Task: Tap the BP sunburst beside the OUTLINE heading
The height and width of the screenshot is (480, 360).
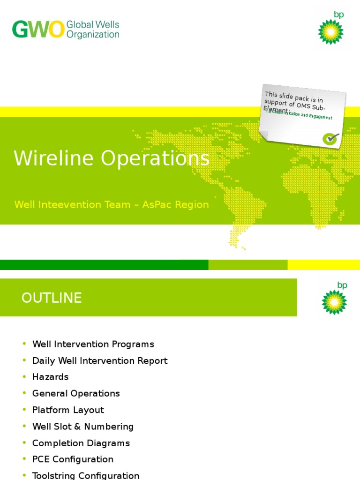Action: pos(334,302)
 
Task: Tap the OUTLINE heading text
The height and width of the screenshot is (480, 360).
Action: pos(52,298)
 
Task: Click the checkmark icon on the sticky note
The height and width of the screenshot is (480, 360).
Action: pos(331,138)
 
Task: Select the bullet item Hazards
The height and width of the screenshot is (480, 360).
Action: pos(50,377)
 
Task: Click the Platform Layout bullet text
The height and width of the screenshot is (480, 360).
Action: pos(68,410)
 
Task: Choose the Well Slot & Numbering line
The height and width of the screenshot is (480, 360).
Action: pos(83,427)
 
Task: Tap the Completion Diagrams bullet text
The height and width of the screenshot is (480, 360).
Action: pos(81,443)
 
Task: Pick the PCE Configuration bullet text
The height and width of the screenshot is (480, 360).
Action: pos(73,459)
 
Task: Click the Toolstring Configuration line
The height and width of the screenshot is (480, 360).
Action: pos(86,475)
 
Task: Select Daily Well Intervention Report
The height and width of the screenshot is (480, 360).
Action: pos(100,361)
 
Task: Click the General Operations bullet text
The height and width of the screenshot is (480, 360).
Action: pos(76,394)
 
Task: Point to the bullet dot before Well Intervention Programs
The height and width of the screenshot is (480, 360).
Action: pos(24,344)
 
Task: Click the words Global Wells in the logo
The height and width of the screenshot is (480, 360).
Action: pos(93,25)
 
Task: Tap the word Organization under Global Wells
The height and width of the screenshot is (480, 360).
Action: pos(93,35)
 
